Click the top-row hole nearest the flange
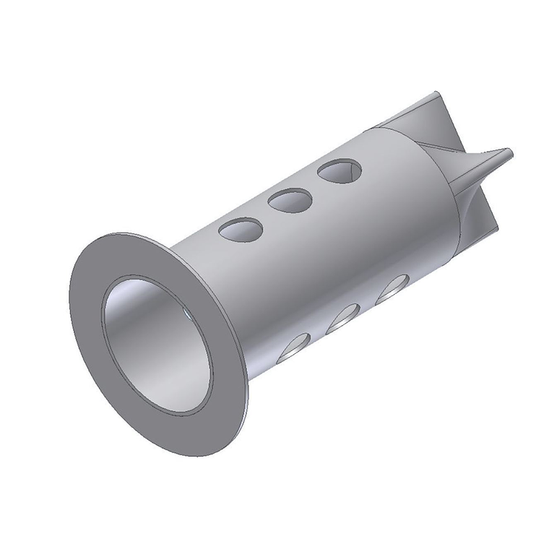[241, 230]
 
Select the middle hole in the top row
[290, 200]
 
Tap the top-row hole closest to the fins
[340, 171]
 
